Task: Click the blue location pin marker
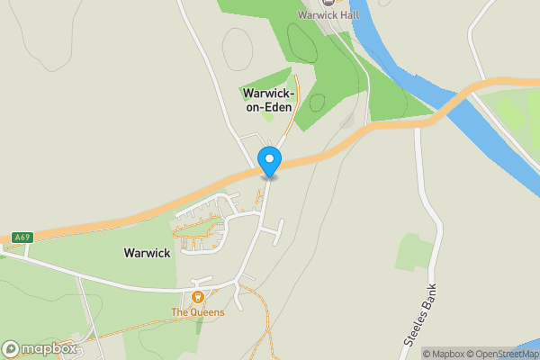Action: point(269,161)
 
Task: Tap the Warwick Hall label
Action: point(328,15)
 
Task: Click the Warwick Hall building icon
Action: point(328,4)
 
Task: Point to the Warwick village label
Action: point(147,254)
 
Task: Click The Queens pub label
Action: point(198,312)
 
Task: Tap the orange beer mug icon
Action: point(198,297)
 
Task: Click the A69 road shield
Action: point(22,238)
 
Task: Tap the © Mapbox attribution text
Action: point(449,354)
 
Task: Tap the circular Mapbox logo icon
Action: point(11,348)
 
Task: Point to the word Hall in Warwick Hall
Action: point(347,15)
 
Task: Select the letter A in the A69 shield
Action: point(17,238)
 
